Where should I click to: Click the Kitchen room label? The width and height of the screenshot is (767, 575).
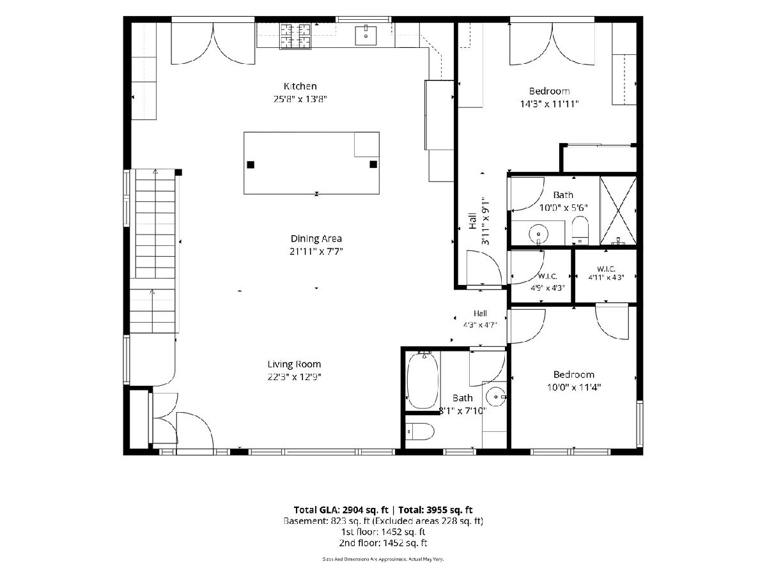coord(300,86)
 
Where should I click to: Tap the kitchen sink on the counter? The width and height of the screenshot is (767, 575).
coord(366,35)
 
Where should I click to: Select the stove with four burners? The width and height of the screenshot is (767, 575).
coord(295,36)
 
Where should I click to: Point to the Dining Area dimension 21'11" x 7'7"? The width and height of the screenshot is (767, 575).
coord(316,251)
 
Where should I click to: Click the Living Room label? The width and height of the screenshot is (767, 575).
coord(294,364)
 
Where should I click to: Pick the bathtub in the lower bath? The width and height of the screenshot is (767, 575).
coord(423,381)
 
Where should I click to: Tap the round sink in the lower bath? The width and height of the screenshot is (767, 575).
coord(496,397)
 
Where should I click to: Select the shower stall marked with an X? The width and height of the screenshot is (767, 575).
coord(618,211)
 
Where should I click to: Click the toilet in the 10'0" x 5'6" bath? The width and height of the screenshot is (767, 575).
coord(580,230)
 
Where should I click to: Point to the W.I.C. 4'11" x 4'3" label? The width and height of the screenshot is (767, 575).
coord(607,273)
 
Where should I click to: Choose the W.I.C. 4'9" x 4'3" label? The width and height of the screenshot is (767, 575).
coord(548,282)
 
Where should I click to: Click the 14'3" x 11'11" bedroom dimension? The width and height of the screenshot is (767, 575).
coord(550,104)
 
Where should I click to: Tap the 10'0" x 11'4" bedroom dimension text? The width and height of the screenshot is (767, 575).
coord(574,387)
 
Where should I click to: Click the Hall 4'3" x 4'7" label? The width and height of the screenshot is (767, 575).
coord(480,319)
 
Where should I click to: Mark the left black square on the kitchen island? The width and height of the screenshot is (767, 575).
coord(251,165)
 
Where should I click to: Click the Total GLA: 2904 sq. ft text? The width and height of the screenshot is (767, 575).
coord(341,510)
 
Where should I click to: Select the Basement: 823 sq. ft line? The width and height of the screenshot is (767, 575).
coord(383,521)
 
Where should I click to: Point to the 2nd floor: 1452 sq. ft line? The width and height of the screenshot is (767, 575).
coord(383,543)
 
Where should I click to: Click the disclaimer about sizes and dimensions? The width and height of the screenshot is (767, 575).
coord(383,559)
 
